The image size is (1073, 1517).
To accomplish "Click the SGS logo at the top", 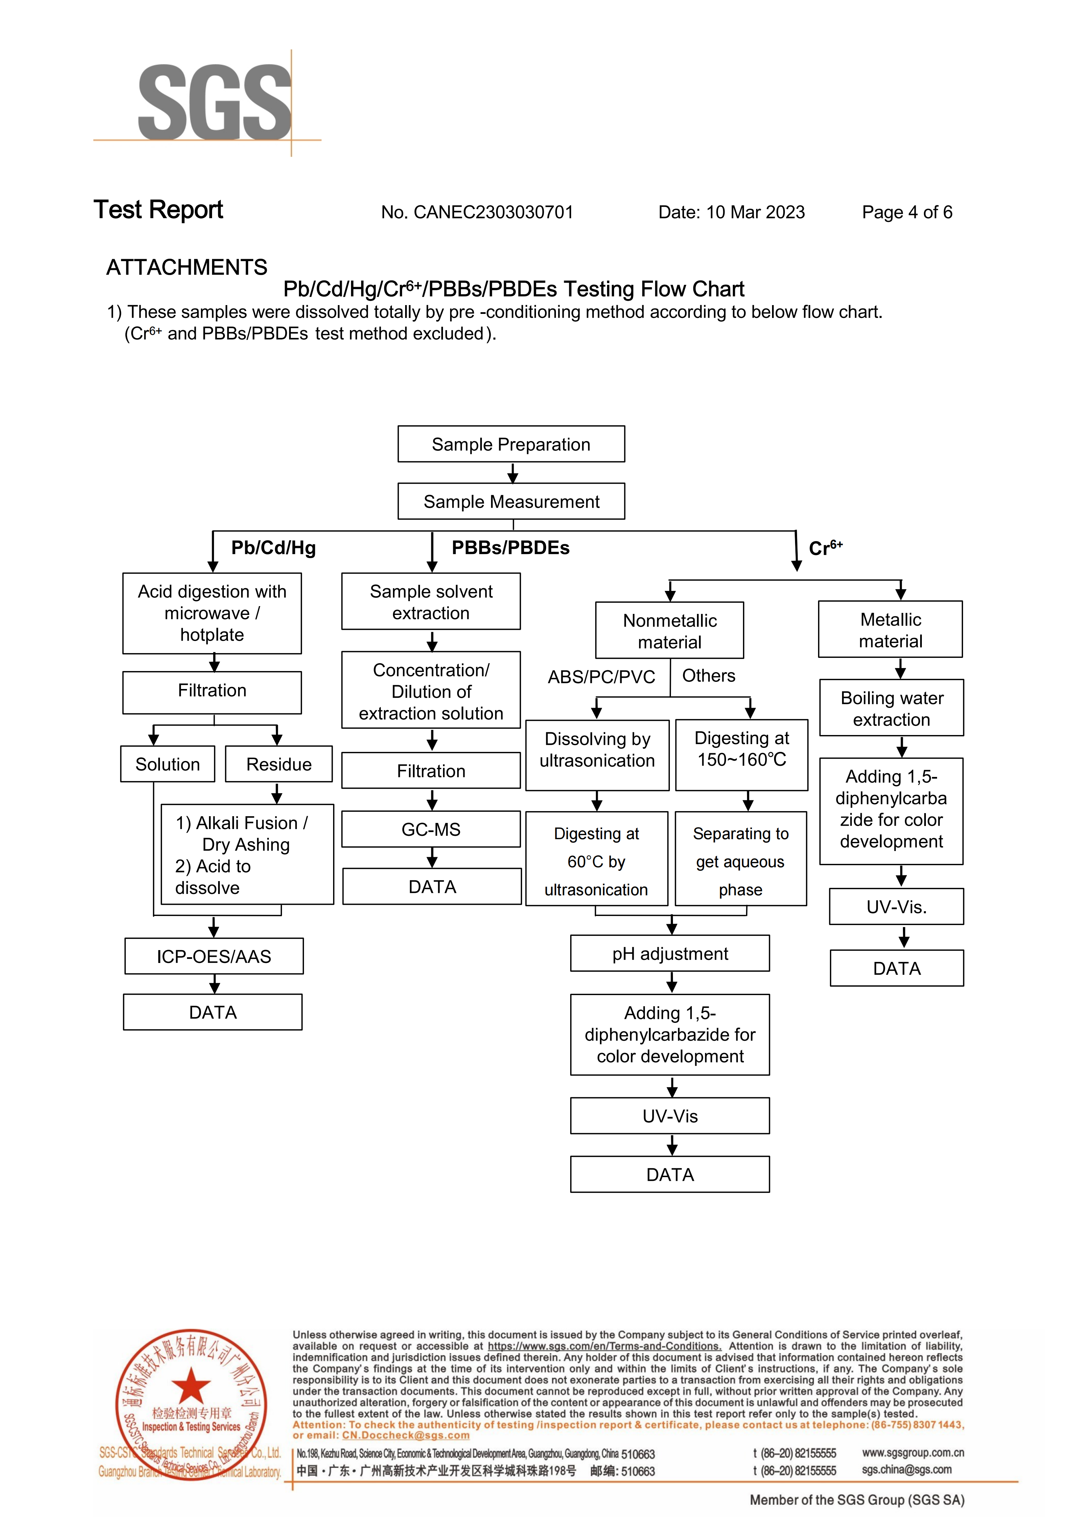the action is tap(215, 102).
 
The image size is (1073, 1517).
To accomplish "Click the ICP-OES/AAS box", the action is tap(214, 956).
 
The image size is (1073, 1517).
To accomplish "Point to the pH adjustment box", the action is tap(670, 953).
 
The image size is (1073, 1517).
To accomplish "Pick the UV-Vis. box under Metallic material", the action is tap(896, 906).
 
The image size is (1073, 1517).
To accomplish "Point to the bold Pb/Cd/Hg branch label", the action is tap(274, 548).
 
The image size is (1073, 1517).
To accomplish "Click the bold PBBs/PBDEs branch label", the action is tap(511, 548).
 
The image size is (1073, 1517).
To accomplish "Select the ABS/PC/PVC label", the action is tap(601, 676).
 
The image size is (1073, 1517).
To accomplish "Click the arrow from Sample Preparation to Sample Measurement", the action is tap(513, 473).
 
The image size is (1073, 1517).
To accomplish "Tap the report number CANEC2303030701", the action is tap(494, 212).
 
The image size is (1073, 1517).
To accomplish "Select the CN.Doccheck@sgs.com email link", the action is tap(406, 1435).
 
